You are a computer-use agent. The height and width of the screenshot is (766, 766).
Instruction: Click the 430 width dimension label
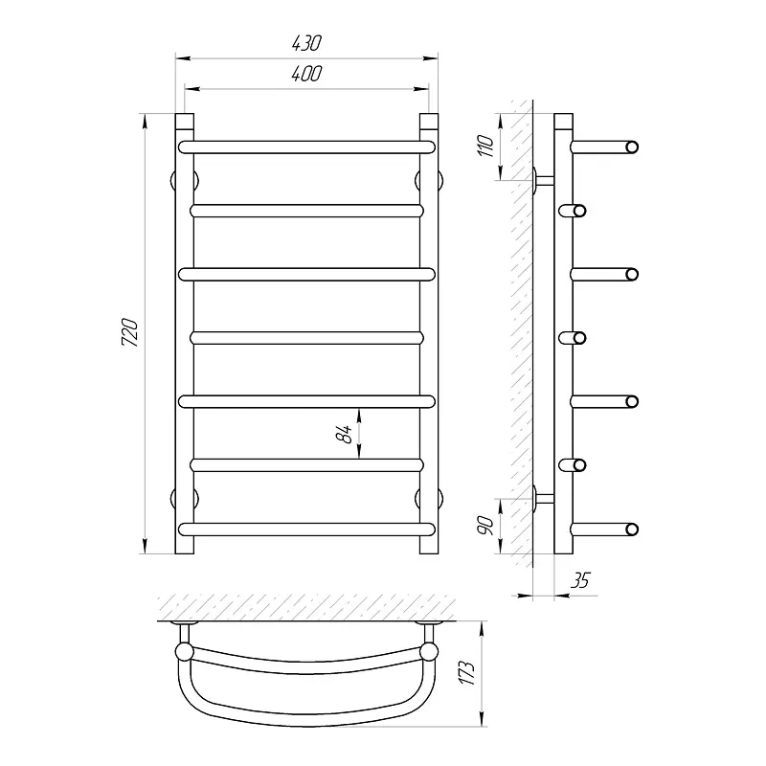306,43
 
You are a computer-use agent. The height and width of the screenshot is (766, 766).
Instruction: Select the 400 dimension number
306,74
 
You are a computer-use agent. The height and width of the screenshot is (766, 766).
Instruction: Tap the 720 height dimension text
130,332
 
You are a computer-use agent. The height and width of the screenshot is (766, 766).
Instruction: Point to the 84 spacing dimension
345,434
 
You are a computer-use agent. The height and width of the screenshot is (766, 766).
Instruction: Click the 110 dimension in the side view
486,146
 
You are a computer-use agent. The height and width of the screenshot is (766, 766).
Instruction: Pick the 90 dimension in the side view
486,525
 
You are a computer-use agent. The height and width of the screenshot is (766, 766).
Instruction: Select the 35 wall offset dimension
580,580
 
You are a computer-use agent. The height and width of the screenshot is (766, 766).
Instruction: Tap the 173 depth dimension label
468,673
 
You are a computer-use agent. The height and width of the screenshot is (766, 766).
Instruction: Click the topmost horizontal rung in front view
306,147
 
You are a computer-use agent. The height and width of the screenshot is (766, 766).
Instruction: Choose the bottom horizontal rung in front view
306,529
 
